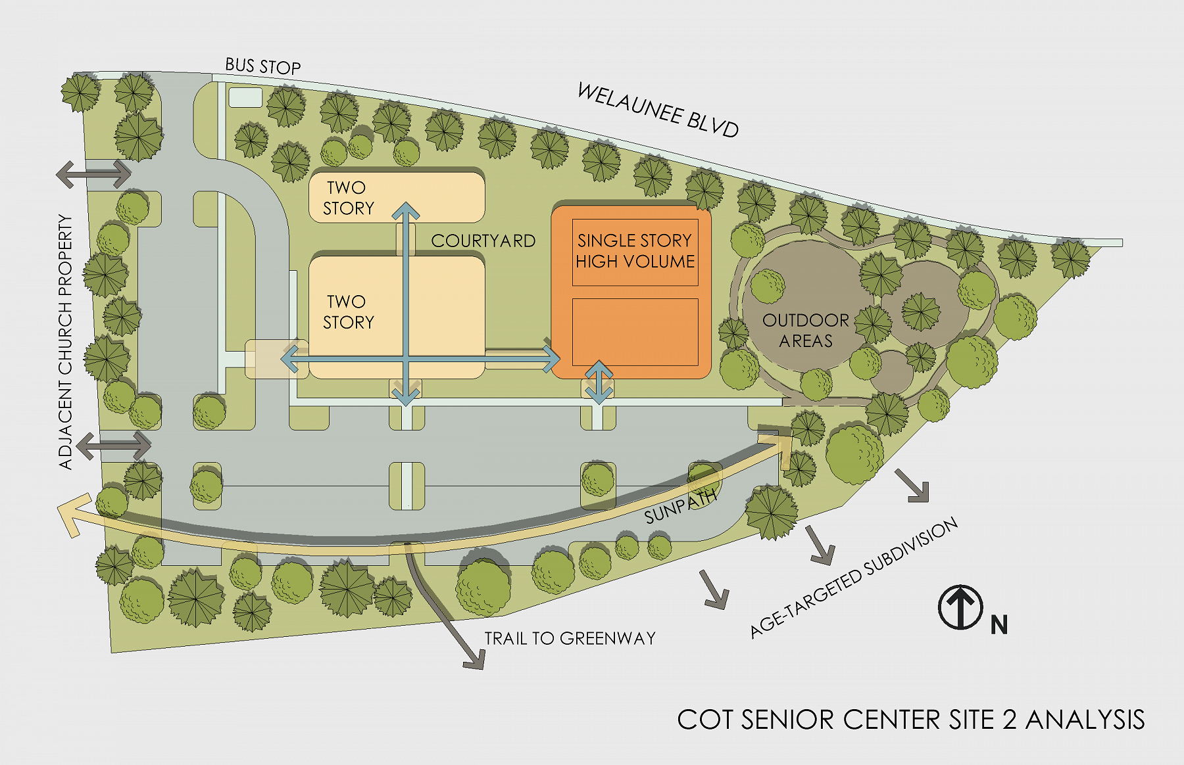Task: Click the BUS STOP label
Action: tap(262, 66)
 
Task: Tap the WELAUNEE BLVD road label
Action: tap(658, 110)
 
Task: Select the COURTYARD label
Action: tap(483, 241)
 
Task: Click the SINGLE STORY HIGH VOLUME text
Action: tap(635, 251)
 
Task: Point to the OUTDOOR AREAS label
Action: tap(806, 331)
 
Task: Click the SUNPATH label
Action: tap(680, 507)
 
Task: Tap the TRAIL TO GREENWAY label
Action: tap(570, 638)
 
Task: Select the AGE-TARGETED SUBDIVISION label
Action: tap(854, 578)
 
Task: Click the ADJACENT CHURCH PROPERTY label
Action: tap(66, 342)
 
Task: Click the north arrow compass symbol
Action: tap(960, 607)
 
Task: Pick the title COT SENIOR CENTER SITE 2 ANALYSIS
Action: tap(910, 720)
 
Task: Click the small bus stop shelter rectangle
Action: tap(245, 98)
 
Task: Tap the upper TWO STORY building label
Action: tap(348, 198)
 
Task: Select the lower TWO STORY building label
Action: tap(348, 312)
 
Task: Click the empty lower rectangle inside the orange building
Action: tap(635, 332)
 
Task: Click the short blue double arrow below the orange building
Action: tap(599, 382)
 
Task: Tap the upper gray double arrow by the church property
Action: tap(93, 174)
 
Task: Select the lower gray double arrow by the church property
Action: tap(113, 446)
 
